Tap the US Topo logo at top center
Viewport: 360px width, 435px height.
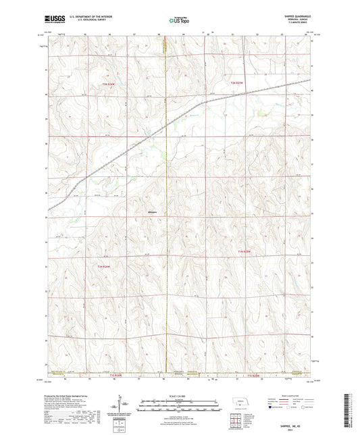[178, 20]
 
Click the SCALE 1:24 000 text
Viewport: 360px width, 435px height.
[179, 395]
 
